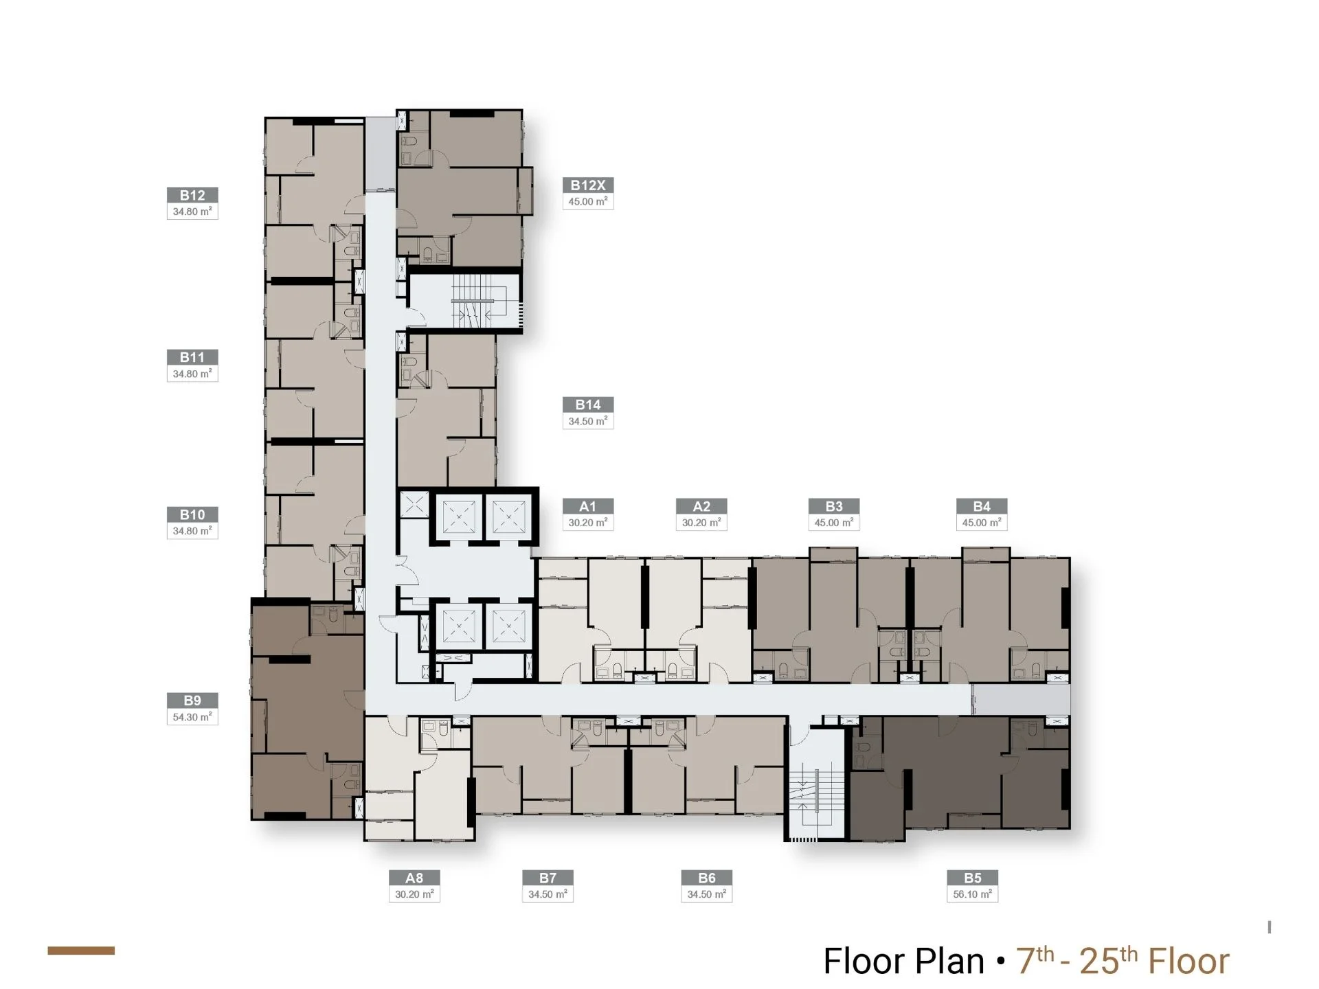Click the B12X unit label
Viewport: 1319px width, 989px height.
[x=588, y=185]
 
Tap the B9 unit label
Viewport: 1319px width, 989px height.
[x=192, y=701]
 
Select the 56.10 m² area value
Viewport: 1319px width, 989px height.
[x=972, y=894]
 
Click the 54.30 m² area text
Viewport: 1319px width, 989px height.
[x=192, y=717]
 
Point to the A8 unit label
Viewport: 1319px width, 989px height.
[x=414, y=878]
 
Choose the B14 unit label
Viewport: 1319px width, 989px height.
[x=588, y=405]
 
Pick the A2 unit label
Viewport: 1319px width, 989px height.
[x=701, y=506]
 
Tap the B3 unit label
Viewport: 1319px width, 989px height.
[x=834, y=506]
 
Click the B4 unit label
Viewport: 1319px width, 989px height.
[x=982, y=506]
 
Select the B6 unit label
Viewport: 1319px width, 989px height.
[x=707, y=878]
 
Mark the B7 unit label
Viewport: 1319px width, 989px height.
[x=548, y=878]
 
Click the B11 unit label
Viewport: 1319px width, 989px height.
[x=192, y=357]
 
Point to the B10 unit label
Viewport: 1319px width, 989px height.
[x=192, y=514]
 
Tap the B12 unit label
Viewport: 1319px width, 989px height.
[x=192, y=195]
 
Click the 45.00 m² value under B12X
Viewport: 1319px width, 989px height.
[x=588, y=201]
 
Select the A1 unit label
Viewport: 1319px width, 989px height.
[x=588, y=506]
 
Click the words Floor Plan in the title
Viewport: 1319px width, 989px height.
[x=904, y=961]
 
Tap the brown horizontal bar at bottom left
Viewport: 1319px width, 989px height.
[x=81, y=951]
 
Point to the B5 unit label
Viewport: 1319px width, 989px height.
[x=972, y=878]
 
